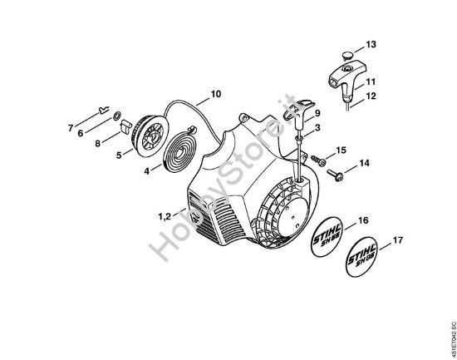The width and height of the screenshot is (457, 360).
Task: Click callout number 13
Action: pos(371,43)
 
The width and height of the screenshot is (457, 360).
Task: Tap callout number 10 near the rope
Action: pos(215,94)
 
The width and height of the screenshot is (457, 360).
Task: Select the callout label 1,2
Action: pos(163,216)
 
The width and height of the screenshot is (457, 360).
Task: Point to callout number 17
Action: pos(396,242)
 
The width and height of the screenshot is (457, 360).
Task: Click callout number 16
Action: pos(362,220)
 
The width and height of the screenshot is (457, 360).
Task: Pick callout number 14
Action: pos(364,164)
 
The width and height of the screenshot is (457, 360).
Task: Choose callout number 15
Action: pos(342,150)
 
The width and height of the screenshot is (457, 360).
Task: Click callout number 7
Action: pos(70,128)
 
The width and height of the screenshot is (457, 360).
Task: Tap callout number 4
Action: pos(146,172)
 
